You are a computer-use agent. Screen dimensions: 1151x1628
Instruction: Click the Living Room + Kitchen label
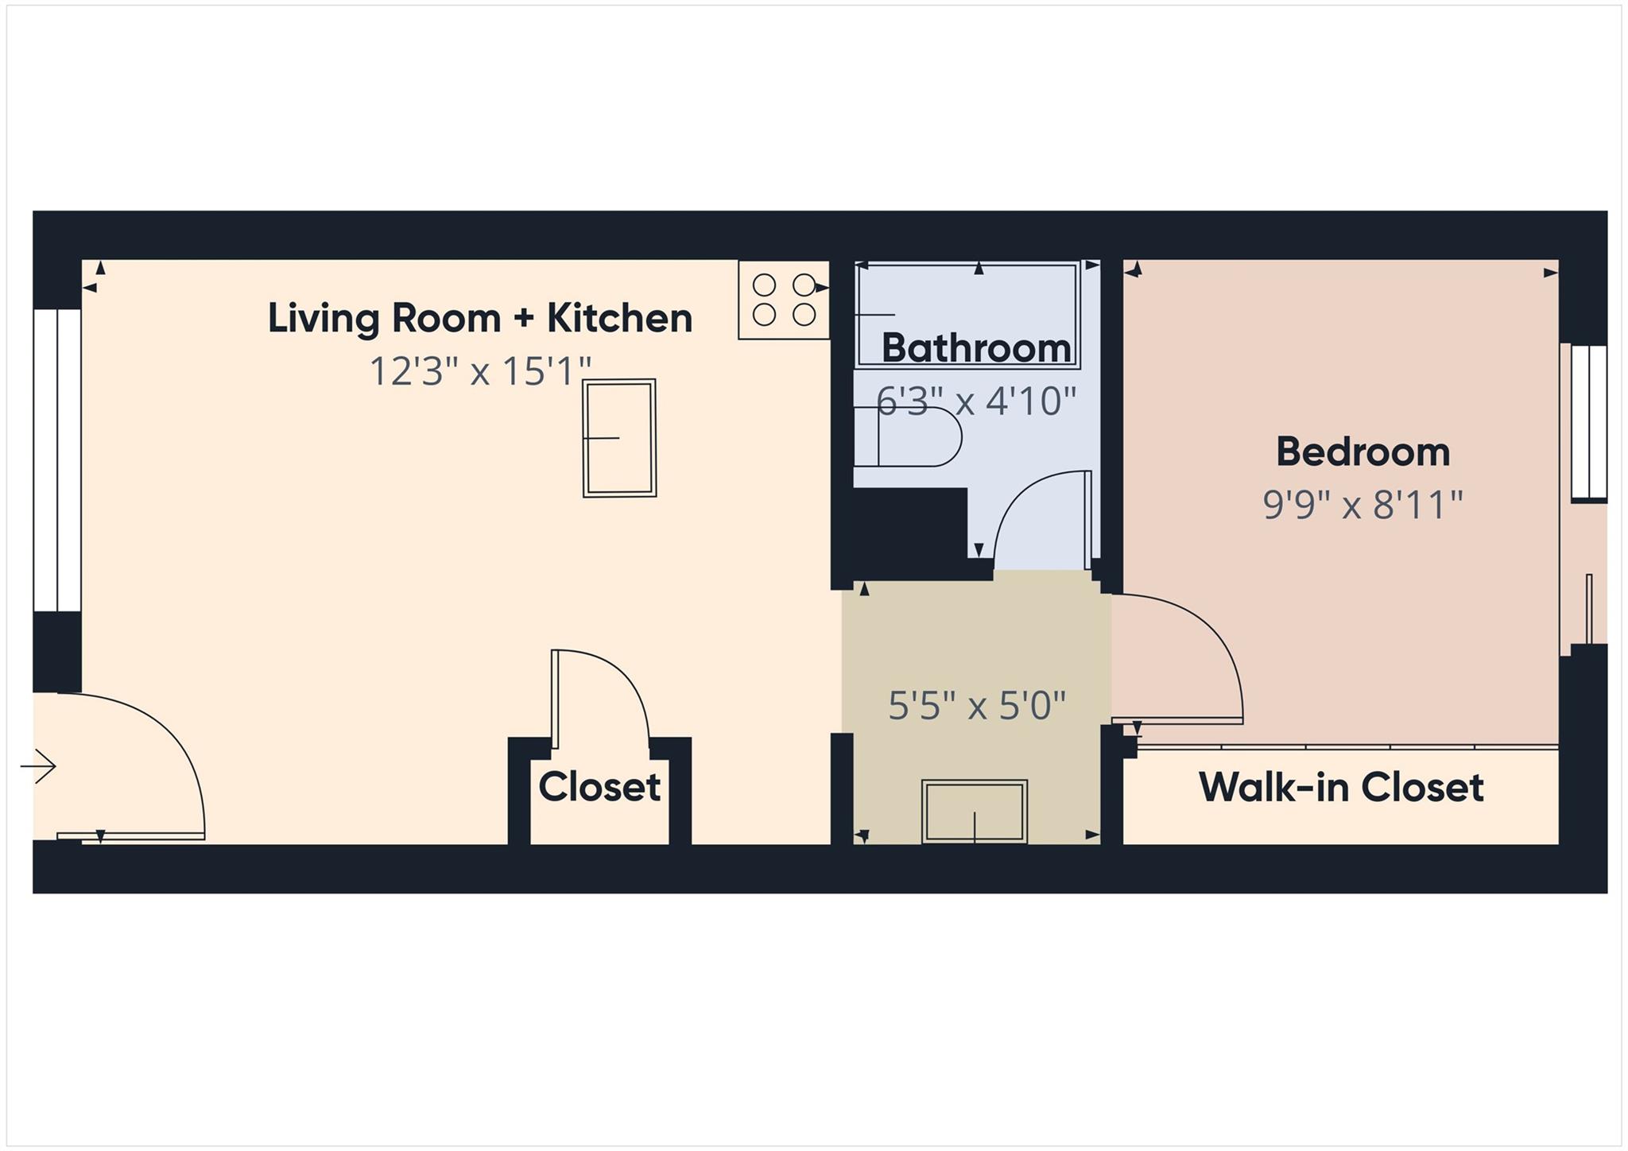[x=479, y=318]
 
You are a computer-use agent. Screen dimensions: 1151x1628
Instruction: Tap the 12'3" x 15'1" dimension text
[x=480, y=370]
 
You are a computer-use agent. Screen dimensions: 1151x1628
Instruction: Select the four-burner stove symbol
[x=784, y=300]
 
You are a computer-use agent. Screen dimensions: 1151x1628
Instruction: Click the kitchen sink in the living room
[x=619, y=438]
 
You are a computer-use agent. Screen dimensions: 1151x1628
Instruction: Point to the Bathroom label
[x=976, y=348]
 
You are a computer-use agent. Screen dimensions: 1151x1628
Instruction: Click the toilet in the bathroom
[x=914, y=437]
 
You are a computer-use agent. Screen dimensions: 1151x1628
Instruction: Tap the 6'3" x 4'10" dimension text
[x=975, y=401]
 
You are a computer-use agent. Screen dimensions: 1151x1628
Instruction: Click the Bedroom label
[x=1362, y=451]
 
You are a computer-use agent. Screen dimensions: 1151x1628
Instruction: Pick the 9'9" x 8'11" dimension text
[x=1362, y=504]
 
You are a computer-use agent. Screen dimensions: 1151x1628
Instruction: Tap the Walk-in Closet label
[x=1340, y=787]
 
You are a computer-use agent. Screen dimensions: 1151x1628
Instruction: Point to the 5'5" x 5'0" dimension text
[x=976, y=705]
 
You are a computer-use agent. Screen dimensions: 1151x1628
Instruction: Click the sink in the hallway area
[x=975, y=811]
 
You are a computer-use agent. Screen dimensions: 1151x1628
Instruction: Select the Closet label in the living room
[x=599, y=787]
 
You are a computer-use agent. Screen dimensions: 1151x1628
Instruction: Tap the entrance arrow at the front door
[x=38, y=766]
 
